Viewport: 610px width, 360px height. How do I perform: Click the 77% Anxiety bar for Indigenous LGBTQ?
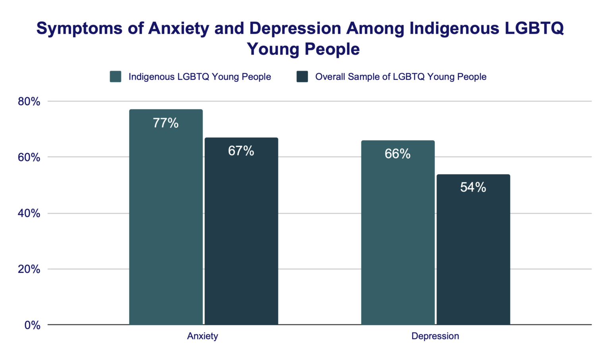tap(166, 222)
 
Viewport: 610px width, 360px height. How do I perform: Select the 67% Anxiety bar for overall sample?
tap(241, 238)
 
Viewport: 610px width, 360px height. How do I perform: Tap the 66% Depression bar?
tap(398, 238)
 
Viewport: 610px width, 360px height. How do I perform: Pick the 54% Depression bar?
tap(473, 254)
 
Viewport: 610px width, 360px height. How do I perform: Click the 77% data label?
tap(166, 123)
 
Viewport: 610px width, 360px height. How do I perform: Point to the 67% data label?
tap(241, 151)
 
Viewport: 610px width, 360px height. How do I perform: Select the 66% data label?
tap(398, 154)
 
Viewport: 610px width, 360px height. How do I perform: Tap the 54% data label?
tap(473, 187)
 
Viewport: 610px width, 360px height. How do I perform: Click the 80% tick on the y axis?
tap(29, 102)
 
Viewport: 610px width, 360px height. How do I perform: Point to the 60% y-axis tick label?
tap(29, 158)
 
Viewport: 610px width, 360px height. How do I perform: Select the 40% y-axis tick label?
tap(29, 214)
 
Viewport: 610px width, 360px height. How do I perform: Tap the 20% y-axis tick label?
tap(29, 270)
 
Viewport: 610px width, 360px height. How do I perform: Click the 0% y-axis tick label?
tap(32, 325)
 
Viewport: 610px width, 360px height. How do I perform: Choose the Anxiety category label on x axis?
tap(203, 336)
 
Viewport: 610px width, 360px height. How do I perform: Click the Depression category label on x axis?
tap(435, 336)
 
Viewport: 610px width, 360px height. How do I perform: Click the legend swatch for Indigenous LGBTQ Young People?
tap(116, 77)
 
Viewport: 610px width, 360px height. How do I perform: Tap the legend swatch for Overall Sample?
tap(302, 77)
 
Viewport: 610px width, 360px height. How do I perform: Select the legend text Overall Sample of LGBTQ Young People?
tap(401, 77)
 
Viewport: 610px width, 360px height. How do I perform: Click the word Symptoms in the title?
tap(79, 29)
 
